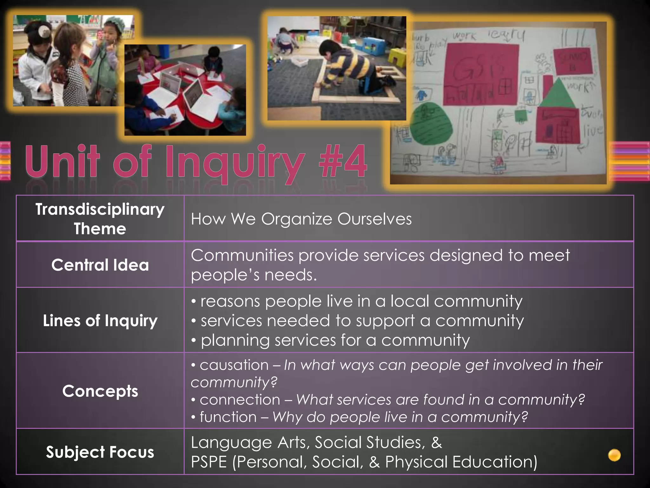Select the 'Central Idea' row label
[100, 265]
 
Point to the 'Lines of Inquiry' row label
[100, 320]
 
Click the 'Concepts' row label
[100, 391]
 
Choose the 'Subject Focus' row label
[100, 452]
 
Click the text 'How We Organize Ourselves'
[301, 219]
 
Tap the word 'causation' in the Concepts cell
[234, 365]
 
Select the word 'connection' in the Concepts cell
[240, 400]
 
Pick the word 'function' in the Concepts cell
[228, 417]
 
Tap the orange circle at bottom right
[614, 455]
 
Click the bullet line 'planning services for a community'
[335, 340]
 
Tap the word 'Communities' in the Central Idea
[242, 255]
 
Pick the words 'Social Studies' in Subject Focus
[370, 442]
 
